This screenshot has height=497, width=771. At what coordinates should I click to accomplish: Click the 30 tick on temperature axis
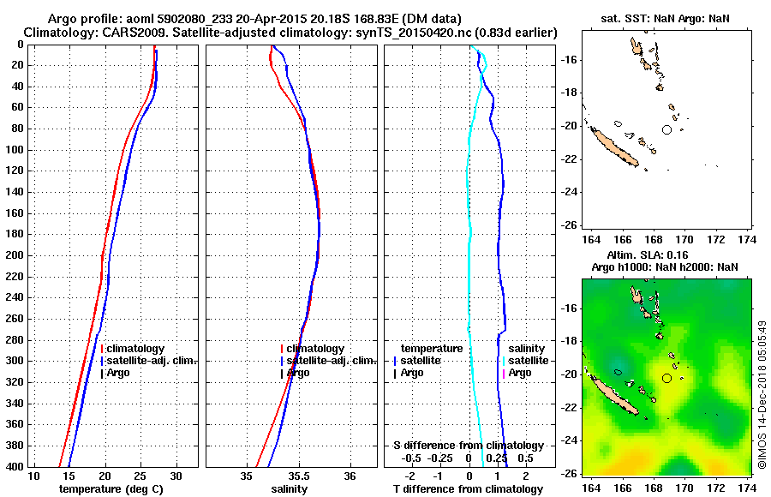click(x=176, y=476)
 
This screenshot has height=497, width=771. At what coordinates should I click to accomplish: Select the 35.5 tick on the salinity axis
click(x=299, y=476)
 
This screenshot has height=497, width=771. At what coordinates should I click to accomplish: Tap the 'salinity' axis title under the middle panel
click(x=289, y=488)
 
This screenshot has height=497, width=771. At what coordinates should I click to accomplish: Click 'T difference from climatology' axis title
click(x=468, y=488)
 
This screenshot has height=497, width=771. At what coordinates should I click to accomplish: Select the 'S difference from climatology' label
click(x=468, y=446)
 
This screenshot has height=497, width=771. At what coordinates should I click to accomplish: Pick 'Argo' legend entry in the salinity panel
click(x=298, y=373)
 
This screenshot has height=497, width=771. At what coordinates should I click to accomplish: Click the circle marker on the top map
click(x=667, y=129)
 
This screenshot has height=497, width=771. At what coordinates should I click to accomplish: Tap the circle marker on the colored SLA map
click(x=667, y=378)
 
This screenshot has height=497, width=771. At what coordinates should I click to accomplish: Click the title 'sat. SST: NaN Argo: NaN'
click(x=665, y=18)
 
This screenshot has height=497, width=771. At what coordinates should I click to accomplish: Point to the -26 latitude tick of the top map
click(x=568, y=225)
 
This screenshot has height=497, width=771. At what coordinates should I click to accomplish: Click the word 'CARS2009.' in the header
click(x=112, y=32)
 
